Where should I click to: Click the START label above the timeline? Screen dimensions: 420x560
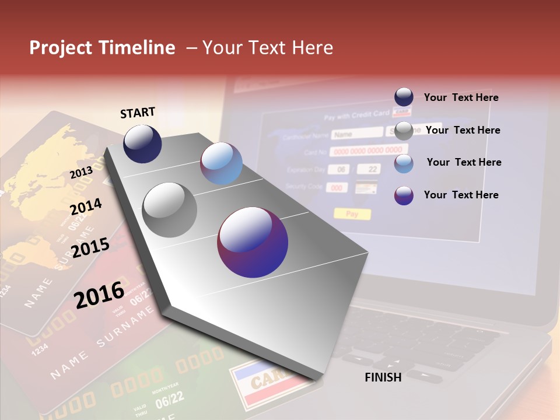pos(138,113)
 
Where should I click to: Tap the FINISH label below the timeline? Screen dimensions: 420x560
pos(383,377)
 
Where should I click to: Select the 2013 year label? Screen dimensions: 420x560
pos(82,173)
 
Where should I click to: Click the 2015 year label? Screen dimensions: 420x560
pos(90,247)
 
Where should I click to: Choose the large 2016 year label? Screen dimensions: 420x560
pos(100,294)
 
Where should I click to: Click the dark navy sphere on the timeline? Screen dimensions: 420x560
pos(142,143)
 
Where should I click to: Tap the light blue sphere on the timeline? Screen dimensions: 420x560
pos(221,163)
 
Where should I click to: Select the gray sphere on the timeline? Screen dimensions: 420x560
pos(170,210)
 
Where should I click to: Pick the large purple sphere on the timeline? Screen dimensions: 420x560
pos(253,242)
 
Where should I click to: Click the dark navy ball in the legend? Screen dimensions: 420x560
pos(404,97)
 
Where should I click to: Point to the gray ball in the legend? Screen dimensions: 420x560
pos(404,131)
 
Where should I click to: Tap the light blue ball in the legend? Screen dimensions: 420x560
pos(404,163)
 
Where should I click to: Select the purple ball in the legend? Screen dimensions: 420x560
pos(404,195)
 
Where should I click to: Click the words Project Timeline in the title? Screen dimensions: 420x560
pos(102,48)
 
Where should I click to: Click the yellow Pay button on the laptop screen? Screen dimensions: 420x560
pos(352,214)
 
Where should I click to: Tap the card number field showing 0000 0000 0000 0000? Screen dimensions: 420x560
pos(369,151)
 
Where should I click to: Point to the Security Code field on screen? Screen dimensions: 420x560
pos(337,188)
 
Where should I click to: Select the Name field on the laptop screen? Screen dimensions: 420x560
pos(356,134)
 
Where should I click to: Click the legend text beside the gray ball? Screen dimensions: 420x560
pos(463,130)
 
